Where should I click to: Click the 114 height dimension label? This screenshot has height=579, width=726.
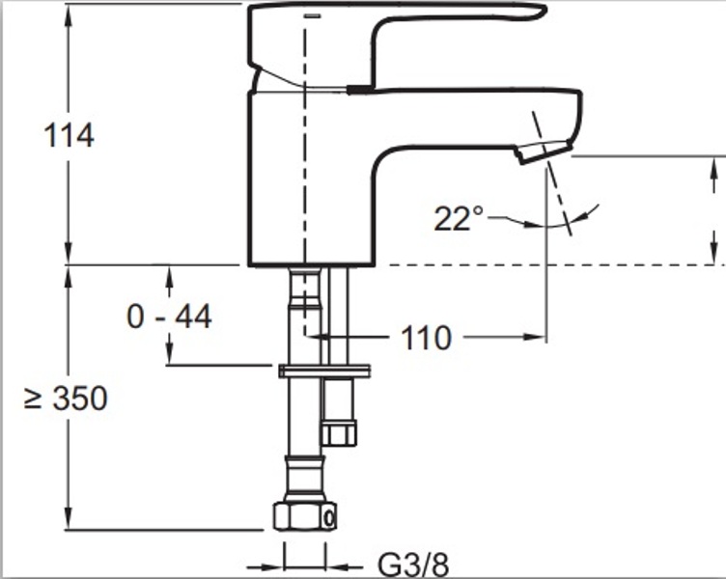point(69,136)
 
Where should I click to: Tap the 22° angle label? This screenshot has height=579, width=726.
point(458,218)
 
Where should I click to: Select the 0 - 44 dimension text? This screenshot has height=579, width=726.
point(170,317)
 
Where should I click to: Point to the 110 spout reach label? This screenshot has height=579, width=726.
point(426,338)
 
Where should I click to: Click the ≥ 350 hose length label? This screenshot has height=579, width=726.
point(66,398)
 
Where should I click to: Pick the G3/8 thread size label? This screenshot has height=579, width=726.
point(413,565)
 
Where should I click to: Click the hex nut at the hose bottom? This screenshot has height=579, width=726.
point(305,515)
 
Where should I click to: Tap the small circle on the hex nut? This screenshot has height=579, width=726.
point(329,518)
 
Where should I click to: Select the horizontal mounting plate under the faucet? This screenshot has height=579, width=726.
point(324,371)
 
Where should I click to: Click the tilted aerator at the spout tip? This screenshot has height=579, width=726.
point(544,152)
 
